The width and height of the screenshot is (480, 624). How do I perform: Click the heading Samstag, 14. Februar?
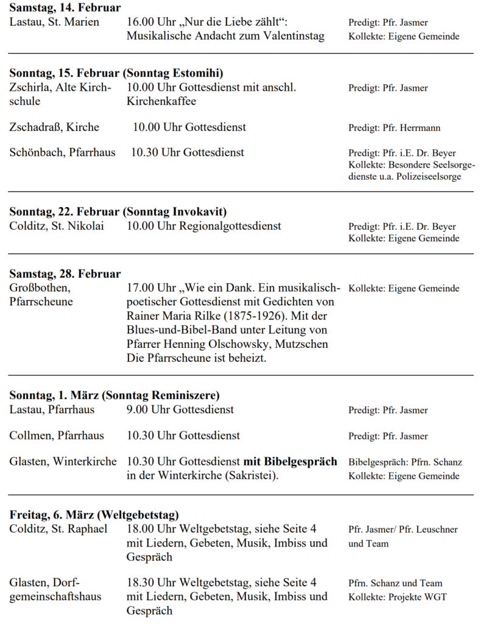point(65,8)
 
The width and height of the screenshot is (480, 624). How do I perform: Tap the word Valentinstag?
point(293,36)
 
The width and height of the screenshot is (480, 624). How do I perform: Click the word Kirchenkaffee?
point(161,101)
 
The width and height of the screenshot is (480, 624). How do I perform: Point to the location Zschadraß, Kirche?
point(54,127)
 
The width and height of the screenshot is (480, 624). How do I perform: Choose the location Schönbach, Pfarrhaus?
point(62,152)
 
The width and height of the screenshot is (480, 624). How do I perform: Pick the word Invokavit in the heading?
point(198,212)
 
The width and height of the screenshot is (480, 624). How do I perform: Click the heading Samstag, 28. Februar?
point(65,274)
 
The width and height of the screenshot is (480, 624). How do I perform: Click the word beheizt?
point(246,358)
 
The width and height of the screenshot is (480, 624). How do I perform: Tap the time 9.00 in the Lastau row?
point(138,409)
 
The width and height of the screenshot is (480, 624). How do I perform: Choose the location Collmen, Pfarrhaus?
point(56,436)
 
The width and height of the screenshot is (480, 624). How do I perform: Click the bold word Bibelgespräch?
point(300,461)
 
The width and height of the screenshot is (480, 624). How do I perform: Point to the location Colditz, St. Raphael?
point(58,529)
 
